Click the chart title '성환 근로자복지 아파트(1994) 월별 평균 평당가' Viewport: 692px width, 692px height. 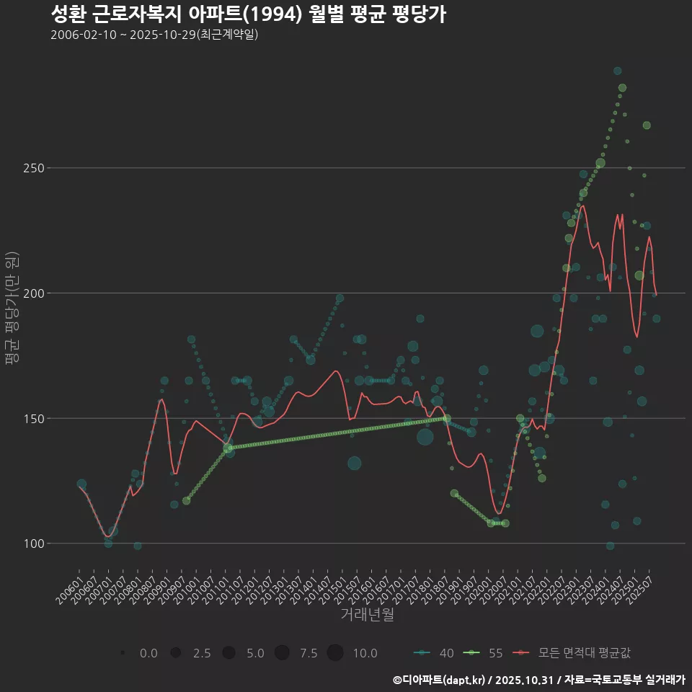click(248, 14)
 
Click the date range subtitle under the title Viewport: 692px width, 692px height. click(154, 35)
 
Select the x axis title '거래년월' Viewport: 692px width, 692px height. click(367, 615)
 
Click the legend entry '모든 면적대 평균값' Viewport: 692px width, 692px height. click(585, 653)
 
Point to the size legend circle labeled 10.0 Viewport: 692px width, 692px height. click(334, 653)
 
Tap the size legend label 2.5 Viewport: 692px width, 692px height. click(202, 653)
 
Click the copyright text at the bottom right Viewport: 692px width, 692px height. click(538, 679)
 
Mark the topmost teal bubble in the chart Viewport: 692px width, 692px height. click(617, 71)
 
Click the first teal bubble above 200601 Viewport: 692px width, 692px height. click(81, 484)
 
